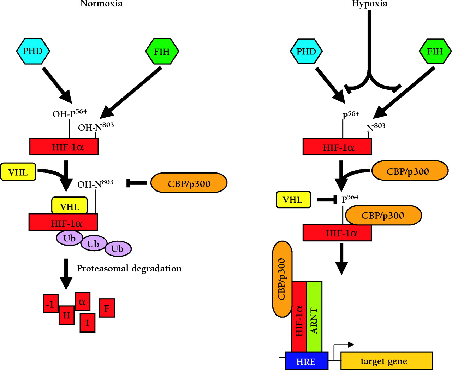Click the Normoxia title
[101, 4]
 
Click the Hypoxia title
[369, 4]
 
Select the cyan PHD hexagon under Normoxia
[33, 51]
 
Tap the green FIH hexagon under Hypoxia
[435, 52]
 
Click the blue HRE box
[306, 361]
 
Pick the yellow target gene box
[386, 361]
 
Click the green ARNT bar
[314, 317]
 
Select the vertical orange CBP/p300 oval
[282, 279]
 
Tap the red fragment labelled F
[107, 308]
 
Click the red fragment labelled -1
[50, 304]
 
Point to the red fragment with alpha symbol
[82, 301]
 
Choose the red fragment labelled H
[66, 315]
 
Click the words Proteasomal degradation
[129, 269]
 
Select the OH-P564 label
[70, 113]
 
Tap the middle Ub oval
[94, 243]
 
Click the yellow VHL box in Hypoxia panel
[293, 200]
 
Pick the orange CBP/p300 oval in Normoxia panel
[189, 183]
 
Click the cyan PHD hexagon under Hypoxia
[306, 52]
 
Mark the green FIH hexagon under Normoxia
[162, 52]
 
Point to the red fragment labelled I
[87, 323]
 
